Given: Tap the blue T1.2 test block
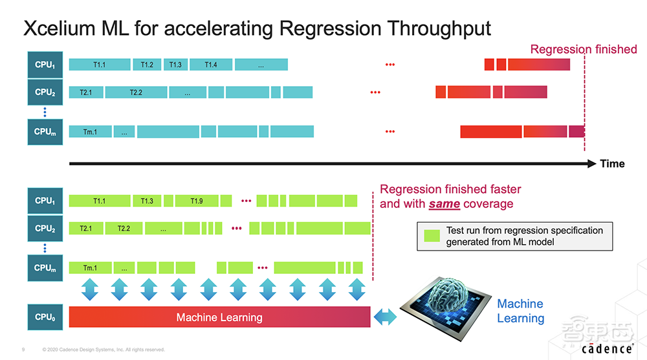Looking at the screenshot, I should [x=147, y=65].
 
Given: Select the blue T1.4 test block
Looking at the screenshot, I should [x=211, y=65].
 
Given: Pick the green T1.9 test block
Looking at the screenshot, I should [x=197, y=201].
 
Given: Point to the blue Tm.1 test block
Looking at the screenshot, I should [x=90, y=131].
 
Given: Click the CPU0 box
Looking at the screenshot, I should [x=45, y=317].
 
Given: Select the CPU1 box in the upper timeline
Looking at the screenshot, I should [x=45, y=65].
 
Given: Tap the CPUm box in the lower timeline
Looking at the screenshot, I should [x=45, y=267].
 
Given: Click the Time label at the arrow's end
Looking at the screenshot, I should [x=612, y=164].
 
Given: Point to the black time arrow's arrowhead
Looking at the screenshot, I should [x=591, y=164].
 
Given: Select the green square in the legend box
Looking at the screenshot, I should [x=431, y=236].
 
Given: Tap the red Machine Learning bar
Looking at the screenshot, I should [x=219, y=317].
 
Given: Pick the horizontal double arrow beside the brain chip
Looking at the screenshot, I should [x=386, y=317].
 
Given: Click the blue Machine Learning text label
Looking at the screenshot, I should [x=520, y=311].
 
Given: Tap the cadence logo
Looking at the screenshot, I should [x=606, y=348].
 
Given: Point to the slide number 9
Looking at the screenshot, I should [x=23, y=350].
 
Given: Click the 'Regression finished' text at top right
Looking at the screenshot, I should [x=583, y=49].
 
